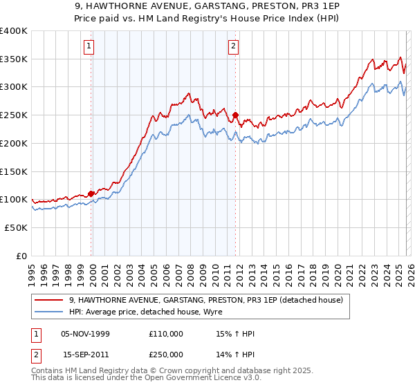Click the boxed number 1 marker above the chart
[x=89, y=47]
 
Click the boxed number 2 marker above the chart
[x=233, y=47]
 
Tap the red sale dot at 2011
[x=236, y=115]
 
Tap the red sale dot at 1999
[x=91, y=194]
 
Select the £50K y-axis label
[x=16, y=227]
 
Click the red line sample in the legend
[x=48, y=300]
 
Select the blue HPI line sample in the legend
[x=48, y=312]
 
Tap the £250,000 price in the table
[x=166, y=354]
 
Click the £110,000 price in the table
[x=166, y=334]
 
